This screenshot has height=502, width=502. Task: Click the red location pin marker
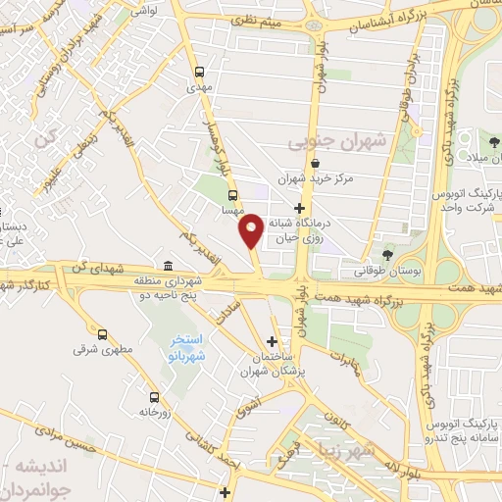251,229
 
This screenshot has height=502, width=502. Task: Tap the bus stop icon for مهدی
200,72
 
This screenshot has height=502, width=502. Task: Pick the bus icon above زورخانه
154,397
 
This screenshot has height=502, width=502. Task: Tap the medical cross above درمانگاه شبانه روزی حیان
313,208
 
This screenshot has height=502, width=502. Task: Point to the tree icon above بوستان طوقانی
388,255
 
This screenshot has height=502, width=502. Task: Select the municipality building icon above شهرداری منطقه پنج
169,267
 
